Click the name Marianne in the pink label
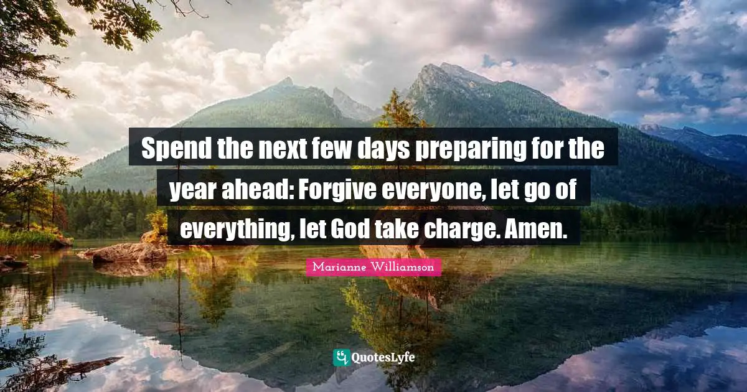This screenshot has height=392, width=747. tap(339, 268)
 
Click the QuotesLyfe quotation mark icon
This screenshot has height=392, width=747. tap(341, 357)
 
